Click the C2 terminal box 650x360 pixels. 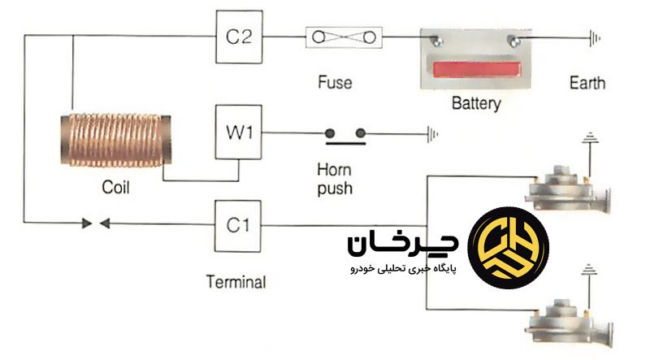(x=238, y=37)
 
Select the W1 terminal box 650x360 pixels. (x=238, y=131)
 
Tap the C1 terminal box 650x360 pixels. (x=238, y=225)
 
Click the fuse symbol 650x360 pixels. (x=343, y=37)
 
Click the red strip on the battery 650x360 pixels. (x=476, y=68)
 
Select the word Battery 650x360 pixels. (x=475, y=104)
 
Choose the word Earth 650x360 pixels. (x=587, y=83)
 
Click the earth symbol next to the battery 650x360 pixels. (x=595, y=37)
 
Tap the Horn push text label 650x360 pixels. (x=335, y=180)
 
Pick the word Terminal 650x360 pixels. (x=236, y=283)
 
